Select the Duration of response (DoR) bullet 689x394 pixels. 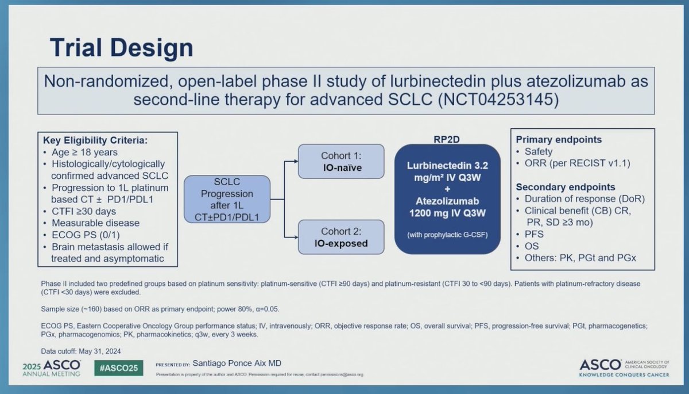[x=585, y=199]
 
